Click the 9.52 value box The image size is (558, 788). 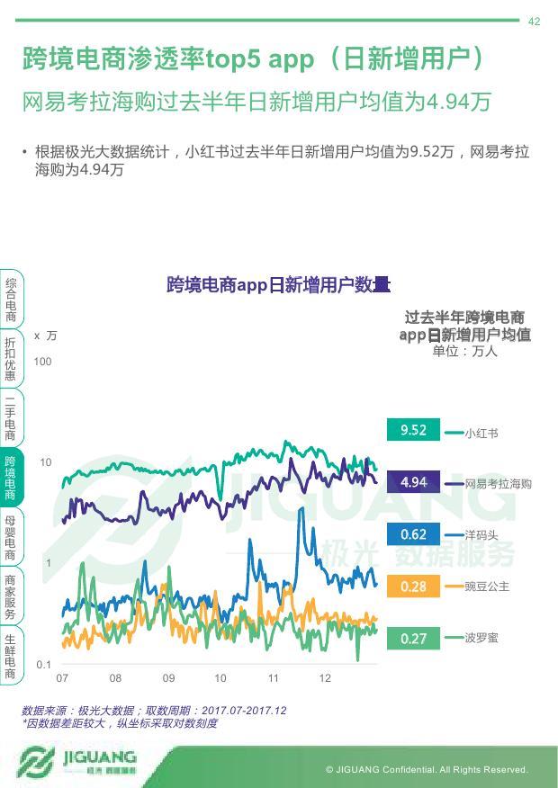coord(413,430)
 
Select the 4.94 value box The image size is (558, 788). coord(413,482)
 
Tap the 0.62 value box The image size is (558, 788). coord(413,534)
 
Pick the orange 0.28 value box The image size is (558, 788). coord(413,587)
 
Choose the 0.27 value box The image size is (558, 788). coord(413,639)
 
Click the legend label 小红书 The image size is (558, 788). coord(481,433)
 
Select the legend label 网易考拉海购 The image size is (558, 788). coord(499,484)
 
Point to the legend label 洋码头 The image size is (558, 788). coord(481,535)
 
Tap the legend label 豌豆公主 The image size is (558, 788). coord(487,587)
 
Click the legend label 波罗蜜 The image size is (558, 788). coord(481,638)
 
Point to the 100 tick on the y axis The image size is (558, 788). coord(43,362)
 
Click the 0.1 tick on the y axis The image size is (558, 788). coord(43,665)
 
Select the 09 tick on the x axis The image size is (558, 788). coord(168,678)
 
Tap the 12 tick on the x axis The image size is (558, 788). coord(326,678)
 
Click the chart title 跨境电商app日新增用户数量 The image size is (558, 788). coord(278,286)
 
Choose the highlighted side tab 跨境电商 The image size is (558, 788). coord(10,478)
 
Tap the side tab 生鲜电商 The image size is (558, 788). coord(10,655)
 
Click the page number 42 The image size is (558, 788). coord(534,22)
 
